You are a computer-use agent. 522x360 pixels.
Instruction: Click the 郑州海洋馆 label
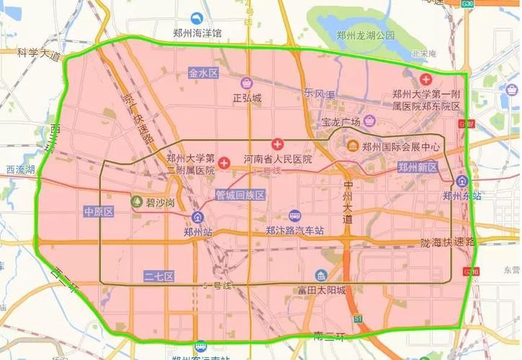[x=192, y=35]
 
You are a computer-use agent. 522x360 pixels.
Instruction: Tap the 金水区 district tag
[x=203, y=73]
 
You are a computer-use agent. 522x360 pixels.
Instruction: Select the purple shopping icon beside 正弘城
[x=247, y=83]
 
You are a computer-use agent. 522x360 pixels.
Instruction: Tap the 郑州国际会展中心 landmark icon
[x=353, y=147]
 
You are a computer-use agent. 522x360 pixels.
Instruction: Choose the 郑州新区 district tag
[x=418, y=166]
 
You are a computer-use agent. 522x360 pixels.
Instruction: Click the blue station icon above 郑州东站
[x=462, y=181]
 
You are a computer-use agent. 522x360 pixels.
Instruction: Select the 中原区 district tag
[x=99, y=212]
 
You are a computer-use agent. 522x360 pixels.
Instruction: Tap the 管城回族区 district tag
[x=240, y=195]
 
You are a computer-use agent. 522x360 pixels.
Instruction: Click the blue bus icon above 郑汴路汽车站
[x=294, y=217]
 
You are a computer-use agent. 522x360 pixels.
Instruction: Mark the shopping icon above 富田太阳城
[x=321, y=276]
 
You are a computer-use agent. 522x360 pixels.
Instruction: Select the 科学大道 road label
[x=40, y=53]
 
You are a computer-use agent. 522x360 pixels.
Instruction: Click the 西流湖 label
[x=20, y=170]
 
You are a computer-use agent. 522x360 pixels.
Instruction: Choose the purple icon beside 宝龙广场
[x=369, y=120]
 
